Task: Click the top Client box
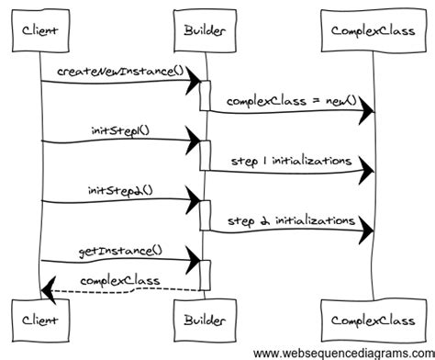(39, 33)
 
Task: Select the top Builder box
(200, 33)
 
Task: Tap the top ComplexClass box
(373, 33)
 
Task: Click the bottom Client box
(39, 321)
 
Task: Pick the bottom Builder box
(200, 321)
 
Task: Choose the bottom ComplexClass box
(373, 321)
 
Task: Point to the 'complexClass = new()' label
(290, 99)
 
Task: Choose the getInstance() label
(119, 250)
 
